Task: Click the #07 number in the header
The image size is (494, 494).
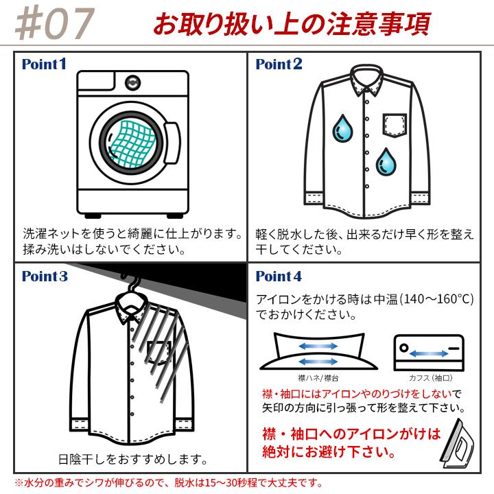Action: tap(54, 23)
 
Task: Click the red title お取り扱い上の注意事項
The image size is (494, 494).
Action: tap(291, 24)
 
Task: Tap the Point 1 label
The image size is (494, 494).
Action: tap(44, 64)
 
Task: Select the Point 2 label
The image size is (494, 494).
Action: tap(279, 64)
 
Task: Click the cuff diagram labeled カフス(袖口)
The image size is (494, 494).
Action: tap(428, 353)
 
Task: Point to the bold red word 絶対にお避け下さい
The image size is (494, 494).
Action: tap(329, 452)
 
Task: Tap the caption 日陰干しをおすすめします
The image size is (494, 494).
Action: tap(133, 459)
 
